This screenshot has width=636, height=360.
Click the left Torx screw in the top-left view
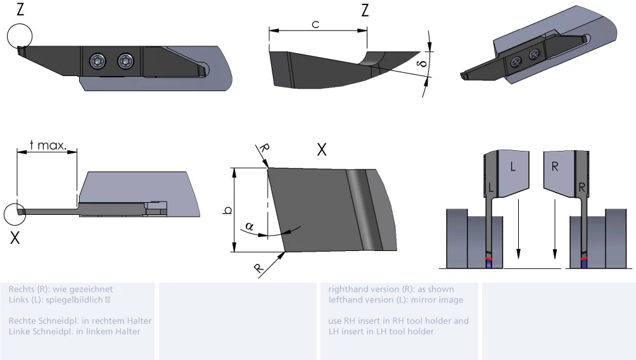pyautogui.click(x=98, y=61)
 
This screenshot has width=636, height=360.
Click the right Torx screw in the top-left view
pyautogui.click(x=125, y=61)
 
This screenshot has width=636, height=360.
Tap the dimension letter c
pyautogui.click(x=315, y=25)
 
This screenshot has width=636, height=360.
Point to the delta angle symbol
pyautogui.click(x=423, y=64)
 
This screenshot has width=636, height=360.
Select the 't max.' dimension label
pyautogui.click(x=48, y=145)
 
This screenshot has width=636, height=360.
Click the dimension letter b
pyautogui.click(x=227, y=210)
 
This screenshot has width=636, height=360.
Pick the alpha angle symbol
pyautogui.click(x=250, y=226)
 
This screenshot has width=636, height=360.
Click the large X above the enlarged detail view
pyautogui.click(x=322, y=150)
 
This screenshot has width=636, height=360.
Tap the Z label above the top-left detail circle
pyautogui.click(x=20, y=10)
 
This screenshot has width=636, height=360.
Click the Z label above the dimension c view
pyautogui.click(x=365, y=10)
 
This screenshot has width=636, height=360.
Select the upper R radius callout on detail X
pyautogui.click(x=264, y=148)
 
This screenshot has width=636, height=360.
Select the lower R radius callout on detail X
pyautogui.click(x=258, y=268)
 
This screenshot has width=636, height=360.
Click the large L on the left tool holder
pyautogui.click(x=513, y=167)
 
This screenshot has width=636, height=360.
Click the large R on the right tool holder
pyautogui.click(x=555, y=167)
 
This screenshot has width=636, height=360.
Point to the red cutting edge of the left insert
pyautogui.click(x=490, y=259)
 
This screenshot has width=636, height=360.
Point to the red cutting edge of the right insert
pyautogui.click(x=584, y=259)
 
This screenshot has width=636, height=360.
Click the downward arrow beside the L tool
pyautogui.click(x=518, y=229)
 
